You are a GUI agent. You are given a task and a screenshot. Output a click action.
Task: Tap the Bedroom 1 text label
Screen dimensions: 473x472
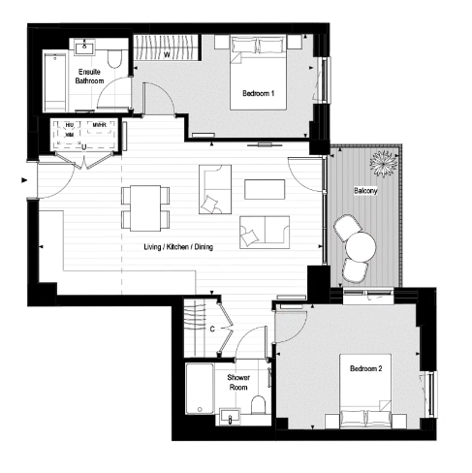[259, 93]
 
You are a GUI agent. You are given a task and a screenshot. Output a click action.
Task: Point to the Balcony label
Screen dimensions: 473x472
[365, 191]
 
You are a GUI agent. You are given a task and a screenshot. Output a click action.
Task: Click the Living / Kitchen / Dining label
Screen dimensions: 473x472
[178, 248]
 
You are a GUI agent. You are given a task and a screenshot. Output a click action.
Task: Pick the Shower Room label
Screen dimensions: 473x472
[238, 382]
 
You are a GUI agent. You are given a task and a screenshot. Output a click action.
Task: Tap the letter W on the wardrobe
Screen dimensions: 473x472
[168, 54]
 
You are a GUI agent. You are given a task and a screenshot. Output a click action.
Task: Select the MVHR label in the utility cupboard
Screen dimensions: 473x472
[99, 125]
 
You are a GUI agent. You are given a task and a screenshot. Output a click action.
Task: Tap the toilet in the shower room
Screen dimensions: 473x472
[258, 405]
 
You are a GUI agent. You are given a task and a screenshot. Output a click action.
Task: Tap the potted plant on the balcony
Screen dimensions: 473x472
[384, 162]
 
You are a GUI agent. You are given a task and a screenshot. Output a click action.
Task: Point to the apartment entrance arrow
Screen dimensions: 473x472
[23, 179]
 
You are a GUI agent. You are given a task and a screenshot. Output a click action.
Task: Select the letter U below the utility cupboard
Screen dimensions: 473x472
[85, 147]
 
